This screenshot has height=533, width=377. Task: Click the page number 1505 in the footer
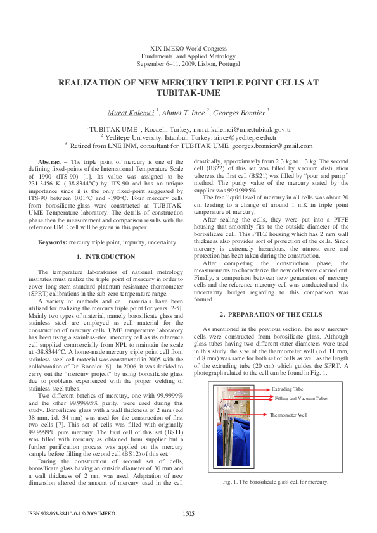tap(189, 513)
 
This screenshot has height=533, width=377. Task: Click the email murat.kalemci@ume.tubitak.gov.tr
tap(246, 129)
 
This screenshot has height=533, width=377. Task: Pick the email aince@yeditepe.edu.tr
tap(245, 137)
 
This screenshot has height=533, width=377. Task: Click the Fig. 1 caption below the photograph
tap(276, 482)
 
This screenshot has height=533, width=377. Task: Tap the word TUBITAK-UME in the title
tap(188, 92)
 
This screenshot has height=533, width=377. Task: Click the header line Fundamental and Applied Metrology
tap(188, 56)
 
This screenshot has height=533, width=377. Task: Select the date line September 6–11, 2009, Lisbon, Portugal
tap(188, 64)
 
